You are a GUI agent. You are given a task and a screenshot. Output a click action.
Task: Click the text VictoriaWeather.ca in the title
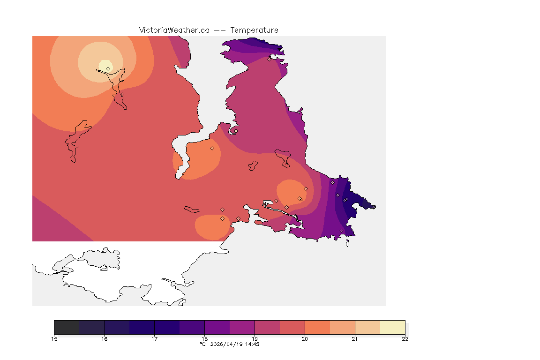point(174,30)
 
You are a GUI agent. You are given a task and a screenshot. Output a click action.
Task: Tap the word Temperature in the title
point(254,30)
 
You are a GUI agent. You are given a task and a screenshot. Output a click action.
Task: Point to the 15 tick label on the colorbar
point(54,339)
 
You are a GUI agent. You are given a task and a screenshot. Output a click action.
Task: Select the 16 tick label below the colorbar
point(104,339)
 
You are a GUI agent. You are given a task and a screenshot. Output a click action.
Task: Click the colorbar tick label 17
point(154,339)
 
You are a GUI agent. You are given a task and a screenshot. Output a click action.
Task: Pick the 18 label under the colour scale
point(204,339)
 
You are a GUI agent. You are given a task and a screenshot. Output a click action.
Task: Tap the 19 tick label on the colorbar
point(255,339)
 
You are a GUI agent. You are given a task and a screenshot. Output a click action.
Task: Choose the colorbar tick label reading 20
point(305,339)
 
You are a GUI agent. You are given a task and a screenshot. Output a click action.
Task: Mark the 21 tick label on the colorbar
point(355,339)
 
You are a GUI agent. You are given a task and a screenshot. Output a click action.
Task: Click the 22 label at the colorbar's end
point(405,339)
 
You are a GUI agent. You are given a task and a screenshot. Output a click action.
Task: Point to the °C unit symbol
point(202,344)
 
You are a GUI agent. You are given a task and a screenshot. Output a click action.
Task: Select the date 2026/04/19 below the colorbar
point(227,344)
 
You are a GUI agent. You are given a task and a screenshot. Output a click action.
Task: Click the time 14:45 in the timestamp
point(252,344)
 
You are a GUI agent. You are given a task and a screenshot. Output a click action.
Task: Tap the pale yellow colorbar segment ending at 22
point(392,327)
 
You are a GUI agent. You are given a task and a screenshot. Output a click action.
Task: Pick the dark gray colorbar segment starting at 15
point(67,327)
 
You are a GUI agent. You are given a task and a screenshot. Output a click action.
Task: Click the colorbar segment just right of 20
point(317,327)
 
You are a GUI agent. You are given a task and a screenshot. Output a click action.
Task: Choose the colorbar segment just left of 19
point(242,327)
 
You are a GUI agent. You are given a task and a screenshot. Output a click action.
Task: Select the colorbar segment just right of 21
point(367,327)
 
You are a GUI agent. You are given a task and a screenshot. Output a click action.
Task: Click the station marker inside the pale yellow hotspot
point(108,68)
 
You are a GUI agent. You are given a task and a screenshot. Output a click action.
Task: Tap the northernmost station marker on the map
point(269,59)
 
